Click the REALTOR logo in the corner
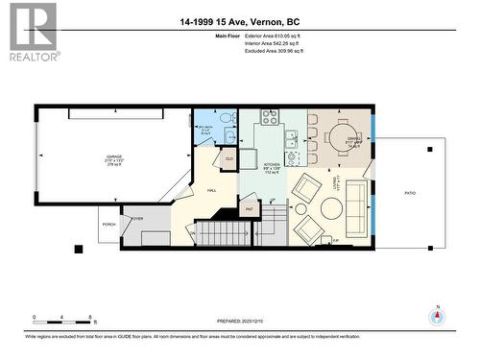coord(32,33)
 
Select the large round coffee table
coord(300,207)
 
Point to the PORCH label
coord(108,227)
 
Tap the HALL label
coord(211,191)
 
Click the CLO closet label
coord(229,158)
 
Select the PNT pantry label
coord(249,206)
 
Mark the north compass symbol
coord(438,316)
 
